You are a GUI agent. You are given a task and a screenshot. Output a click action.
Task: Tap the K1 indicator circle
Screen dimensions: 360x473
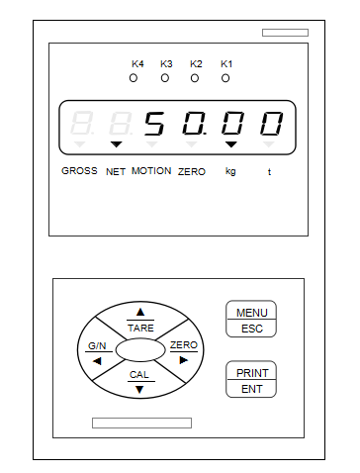point(225,77)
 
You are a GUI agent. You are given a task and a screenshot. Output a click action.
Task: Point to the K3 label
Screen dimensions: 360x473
point(166,64)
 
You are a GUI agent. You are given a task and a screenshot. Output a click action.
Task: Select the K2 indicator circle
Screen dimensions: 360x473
point(196,77)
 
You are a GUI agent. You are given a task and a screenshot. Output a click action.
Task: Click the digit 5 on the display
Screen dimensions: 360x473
point(154,125)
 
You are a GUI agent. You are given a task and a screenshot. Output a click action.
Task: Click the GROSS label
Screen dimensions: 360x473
point(79,170)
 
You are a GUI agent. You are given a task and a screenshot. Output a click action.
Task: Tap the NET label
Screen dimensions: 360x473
point(116,171)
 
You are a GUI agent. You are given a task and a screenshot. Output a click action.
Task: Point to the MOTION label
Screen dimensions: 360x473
point(151,170)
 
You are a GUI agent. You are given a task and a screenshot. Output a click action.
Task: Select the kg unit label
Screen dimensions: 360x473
point(230,171)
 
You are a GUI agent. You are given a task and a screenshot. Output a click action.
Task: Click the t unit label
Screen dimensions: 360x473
point(268,171)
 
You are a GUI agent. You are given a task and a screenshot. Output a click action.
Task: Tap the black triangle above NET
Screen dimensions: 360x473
point(116,145)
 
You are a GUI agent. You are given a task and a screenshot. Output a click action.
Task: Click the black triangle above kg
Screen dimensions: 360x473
point(230,145)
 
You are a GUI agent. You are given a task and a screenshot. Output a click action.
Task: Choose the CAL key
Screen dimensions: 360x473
point(139,381)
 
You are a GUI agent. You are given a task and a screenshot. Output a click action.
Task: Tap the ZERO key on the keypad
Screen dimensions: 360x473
point(183,350)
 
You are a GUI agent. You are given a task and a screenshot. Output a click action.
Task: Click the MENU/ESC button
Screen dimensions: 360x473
point(251,320)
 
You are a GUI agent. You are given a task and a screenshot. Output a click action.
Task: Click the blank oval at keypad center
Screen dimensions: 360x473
point(139,349)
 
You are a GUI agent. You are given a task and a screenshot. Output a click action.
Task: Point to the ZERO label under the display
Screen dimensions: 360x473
point(192,171)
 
